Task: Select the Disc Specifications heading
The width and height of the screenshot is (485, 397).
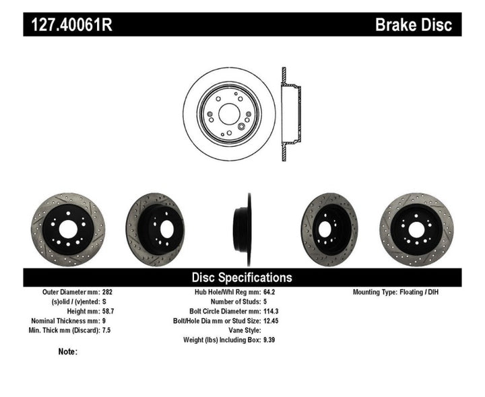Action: click(x=242, y=277)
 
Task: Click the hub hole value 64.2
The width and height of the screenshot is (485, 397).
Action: click(x=269, y=293)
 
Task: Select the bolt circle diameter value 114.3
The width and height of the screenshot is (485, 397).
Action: click(x=272, y=312)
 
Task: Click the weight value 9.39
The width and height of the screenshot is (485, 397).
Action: click(x=269, y=340)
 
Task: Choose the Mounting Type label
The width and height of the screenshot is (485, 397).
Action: click(x=381, y=293)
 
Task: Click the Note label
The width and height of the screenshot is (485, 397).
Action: click(x=67, y=351)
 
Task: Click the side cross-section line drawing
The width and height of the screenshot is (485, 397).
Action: click(x=289, y=114)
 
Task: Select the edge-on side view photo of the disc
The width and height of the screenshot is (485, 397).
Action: click(x=243, y=220)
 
